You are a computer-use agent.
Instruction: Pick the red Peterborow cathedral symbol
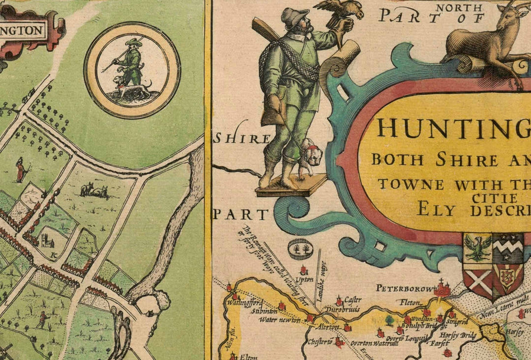click(442, 289)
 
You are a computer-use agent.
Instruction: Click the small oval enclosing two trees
click(300, 249)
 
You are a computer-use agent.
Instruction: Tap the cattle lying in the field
click(94, 190)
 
